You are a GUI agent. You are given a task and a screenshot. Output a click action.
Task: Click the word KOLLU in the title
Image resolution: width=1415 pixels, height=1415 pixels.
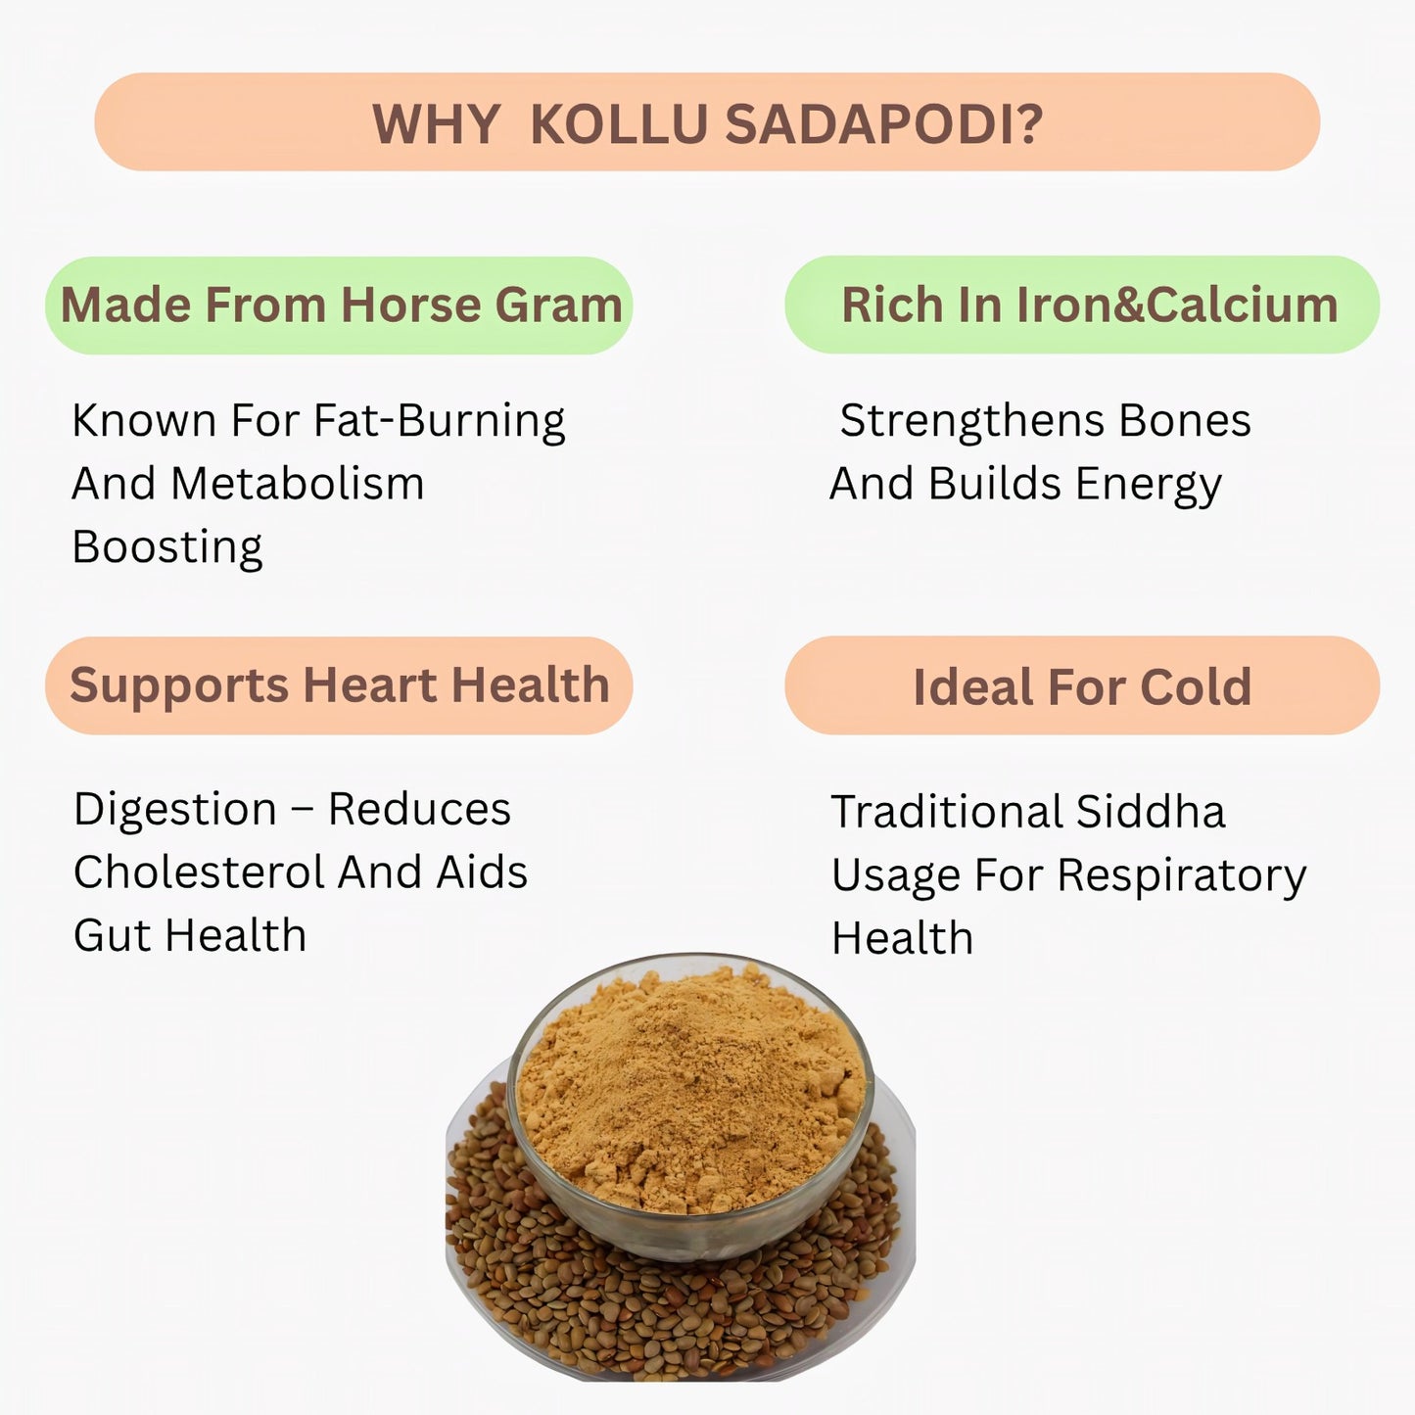[619, 125]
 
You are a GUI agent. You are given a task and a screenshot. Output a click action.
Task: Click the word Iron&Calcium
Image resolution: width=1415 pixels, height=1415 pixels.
[1177, 305]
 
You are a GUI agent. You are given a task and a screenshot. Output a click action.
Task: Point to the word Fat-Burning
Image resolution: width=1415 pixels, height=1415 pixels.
[440, 422]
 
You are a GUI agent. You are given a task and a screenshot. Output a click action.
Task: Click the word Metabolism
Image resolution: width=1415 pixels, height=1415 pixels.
[298, 484]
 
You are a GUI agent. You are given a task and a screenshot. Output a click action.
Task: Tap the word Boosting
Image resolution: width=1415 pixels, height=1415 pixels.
[167, 547]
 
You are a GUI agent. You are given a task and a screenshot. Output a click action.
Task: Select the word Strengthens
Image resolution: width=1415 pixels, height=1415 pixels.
[972, 421]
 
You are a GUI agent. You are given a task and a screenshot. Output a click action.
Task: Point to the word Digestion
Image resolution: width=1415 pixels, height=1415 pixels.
[175, 810]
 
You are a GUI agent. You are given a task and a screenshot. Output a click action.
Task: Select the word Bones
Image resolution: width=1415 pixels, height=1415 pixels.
[1184, 421]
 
